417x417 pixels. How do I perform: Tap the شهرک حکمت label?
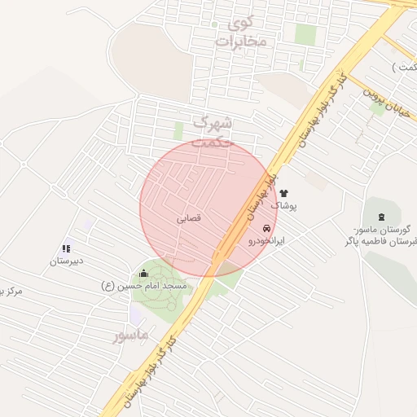tap(214, 130)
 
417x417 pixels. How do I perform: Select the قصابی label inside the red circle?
tap(188, 218)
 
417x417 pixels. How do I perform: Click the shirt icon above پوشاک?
tap(284, 194)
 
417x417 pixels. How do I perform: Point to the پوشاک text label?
tap(284, 207)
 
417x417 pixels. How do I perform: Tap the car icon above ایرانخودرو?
tap(266, 228)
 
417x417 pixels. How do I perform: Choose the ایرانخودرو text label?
tap(266, 242)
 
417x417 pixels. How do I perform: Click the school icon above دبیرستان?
tap(67, 248)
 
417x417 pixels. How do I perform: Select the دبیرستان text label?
tap(67, 261)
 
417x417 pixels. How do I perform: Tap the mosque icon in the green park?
tap(144, 274)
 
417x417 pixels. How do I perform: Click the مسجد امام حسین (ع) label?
tap(144, 286)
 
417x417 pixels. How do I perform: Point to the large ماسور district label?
tap(131, 334)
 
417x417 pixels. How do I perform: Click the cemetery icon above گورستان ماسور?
tap(383, 214)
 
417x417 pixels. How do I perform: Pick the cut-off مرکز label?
tap(11, 290)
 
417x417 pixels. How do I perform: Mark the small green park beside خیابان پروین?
tap(378, 108)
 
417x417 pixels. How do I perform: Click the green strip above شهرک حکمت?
tap(178, 130)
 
